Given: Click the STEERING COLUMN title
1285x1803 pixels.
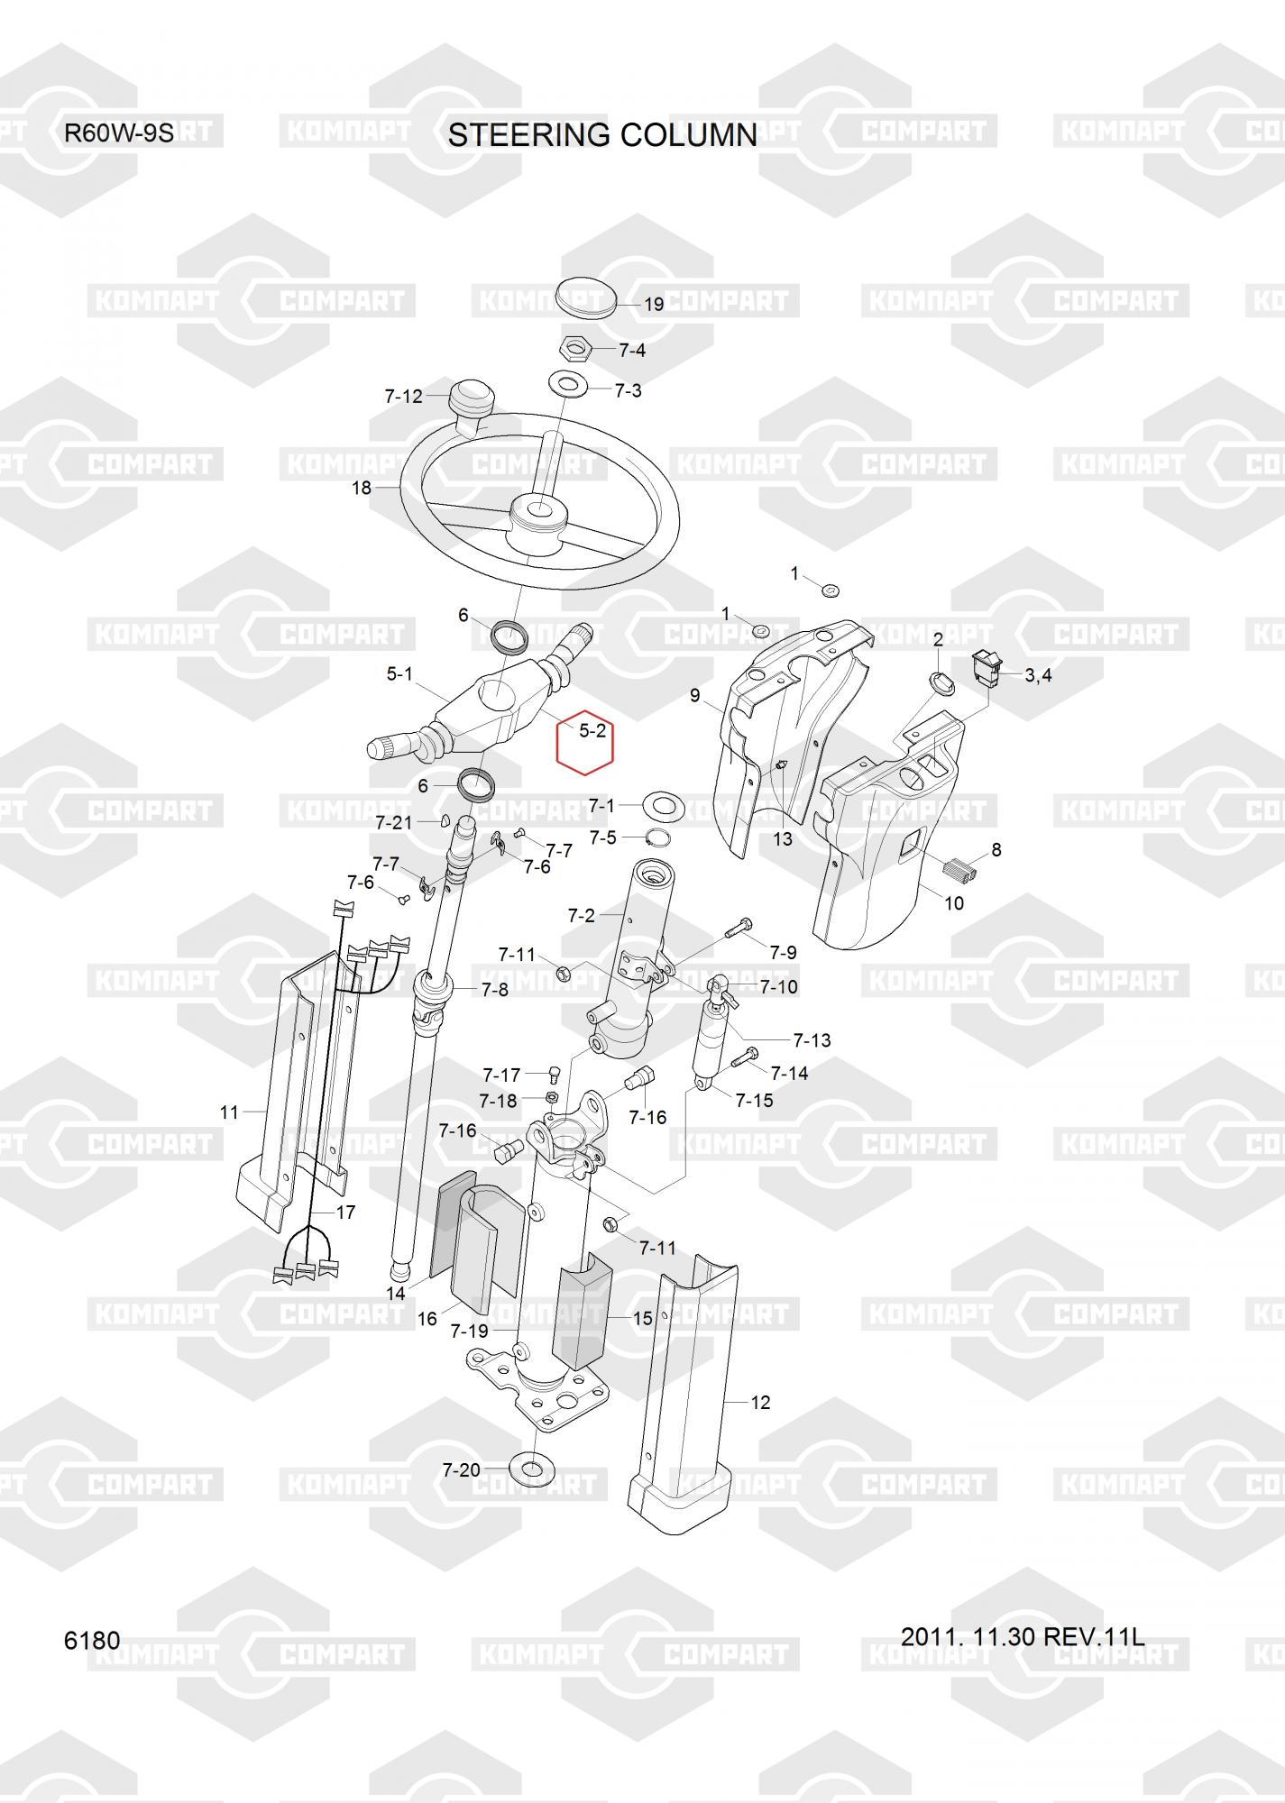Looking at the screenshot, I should pos(602,135).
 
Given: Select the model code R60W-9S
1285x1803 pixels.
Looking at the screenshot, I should pos(118,133).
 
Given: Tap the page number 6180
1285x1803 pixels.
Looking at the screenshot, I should pos(92,1640).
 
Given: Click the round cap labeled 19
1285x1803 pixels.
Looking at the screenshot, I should pos(586,295).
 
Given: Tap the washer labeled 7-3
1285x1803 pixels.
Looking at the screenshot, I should pos(567,384).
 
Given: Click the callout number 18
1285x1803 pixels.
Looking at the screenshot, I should pos(361,488).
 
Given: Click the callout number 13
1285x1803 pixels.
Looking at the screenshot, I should pos(783,838).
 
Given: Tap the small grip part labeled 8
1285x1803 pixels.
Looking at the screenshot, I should pos(958,869).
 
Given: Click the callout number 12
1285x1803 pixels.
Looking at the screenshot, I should pos(760,1402).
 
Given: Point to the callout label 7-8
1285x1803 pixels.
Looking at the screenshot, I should pos(494,990).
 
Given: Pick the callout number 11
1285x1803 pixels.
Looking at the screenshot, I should pos(229,1112).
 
